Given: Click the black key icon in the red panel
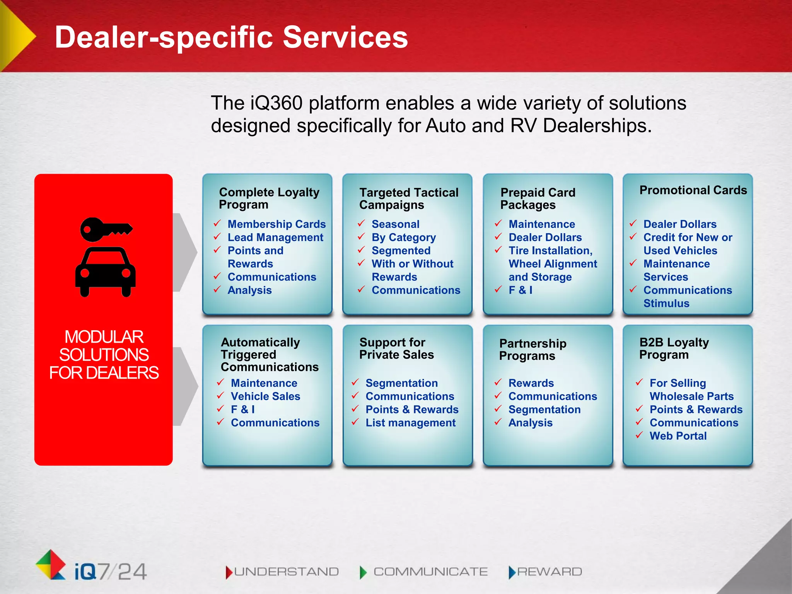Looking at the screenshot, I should tap(105, 229).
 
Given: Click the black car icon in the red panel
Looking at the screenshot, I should tap(105, 272).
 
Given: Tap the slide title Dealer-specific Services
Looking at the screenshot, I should tap(231, 37).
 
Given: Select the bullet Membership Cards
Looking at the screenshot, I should tap(277, 224).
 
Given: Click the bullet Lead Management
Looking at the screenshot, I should tap(275, 237).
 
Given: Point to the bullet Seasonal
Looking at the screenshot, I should tap(395, 224).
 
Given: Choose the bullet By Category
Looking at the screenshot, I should tap(403, 237).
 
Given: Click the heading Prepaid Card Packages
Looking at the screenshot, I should tap(538, 198).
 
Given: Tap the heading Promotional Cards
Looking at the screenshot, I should tap(693, 190).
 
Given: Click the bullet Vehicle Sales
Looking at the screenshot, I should tap(265, 396).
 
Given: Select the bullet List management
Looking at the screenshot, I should tap(410, 423).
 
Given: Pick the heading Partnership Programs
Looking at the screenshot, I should tap(533, 349).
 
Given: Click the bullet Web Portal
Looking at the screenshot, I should tap(678, 436).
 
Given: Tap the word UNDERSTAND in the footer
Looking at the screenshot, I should tap(286, 572).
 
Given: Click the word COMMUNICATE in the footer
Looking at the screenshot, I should tap(430, 572).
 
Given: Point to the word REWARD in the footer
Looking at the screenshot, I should tap(550, 572).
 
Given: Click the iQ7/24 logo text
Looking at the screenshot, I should tap(111, 572).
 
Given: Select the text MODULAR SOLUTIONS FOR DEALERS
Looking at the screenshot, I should tap(104, 355).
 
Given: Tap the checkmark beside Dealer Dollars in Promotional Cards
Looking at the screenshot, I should tap(633, 224).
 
